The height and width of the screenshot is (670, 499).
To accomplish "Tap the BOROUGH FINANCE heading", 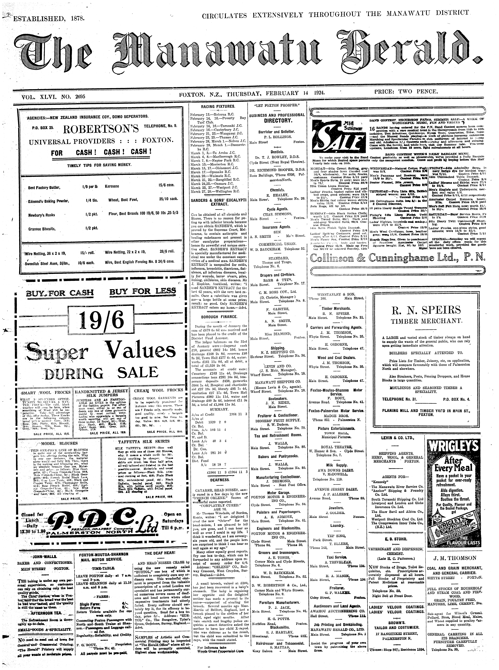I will click(217, 317).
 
